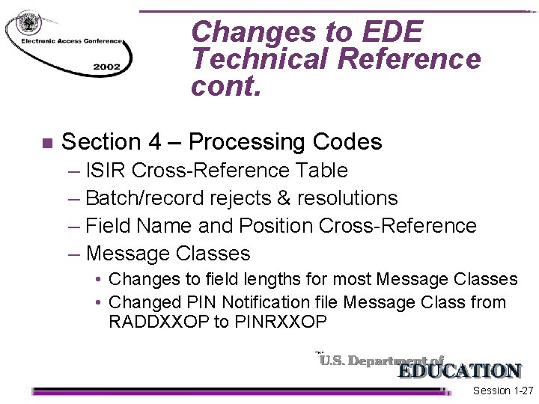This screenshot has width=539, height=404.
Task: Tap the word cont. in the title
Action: (226, 87)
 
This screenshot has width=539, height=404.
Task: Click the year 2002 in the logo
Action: (106, 67)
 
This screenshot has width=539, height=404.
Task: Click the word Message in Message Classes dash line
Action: (128, 254)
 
